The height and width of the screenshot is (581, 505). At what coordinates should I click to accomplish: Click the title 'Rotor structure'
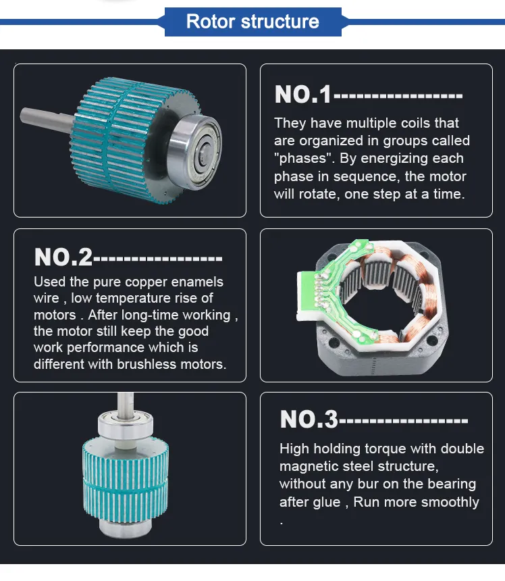coord(252,21)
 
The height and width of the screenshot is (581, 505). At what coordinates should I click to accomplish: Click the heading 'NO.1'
coord(303,95)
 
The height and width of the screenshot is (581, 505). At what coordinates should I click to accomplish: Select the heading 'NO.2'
coord(63,257)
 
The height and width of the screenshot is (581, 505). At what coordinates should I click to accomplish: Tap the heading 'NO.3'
coord(309,420)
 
